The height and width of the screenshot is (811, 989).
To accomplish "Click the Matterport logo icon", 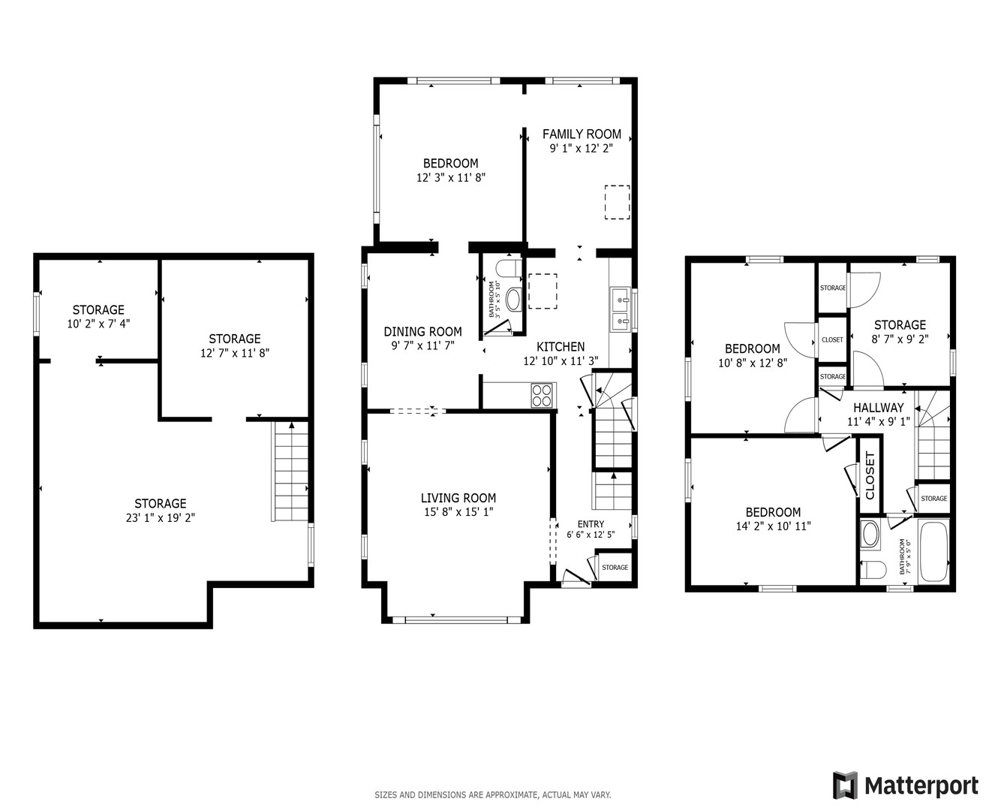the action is click(x=846, y=785).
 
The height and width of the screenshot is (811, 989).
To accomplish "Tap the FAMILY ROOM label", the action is click(x=582, y=134).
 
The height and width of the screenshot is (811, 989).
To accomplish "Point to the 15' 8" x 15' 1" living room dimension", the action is click(x=458, y=512).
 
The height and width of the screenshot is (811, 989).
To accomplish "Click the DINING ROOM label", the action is click(x=422, y=332).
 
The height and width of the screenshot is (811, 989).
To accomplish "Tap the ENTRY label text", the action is click(x=591, y=524).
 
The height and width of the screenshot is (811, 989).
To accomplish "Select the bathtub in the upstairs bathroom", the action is click(x=934, y=551).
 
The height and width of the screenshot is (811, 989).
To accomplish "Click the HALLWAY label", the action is click(x=878, y=408).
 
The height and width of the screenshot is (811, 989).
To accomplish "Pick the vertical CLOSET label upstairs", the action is click(x=870, y=475).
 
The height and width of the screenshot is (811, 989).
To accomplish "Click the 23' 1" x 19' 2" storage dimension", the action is click(x=161, y=517).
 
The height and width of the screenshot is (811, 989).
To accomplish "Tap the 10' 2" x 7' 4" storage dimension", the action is click(x=98, y=324).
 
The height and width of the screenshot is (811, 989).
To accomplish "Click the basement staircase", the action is click(x=290, y=472).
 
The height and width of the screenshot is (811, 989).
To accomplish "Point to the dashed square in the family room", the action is click(x=617, y=202).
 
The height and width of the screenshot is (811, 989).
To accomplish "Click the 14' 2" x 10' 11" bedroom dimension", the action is click(x=773, y=526).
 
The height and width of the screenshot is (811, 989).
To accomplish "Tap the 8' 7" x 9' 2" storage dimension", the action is click(x=900, y=339).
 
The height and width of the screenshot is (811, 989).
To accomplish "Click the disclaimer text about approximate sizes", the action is click(x=492, y=795).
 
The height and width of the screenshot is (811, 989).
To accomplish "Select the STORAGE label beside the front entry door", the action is click(x=615, y=568).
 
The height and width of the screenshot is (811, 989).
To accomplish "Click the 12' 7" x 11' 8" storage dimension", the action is click(x=234, y=353).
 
